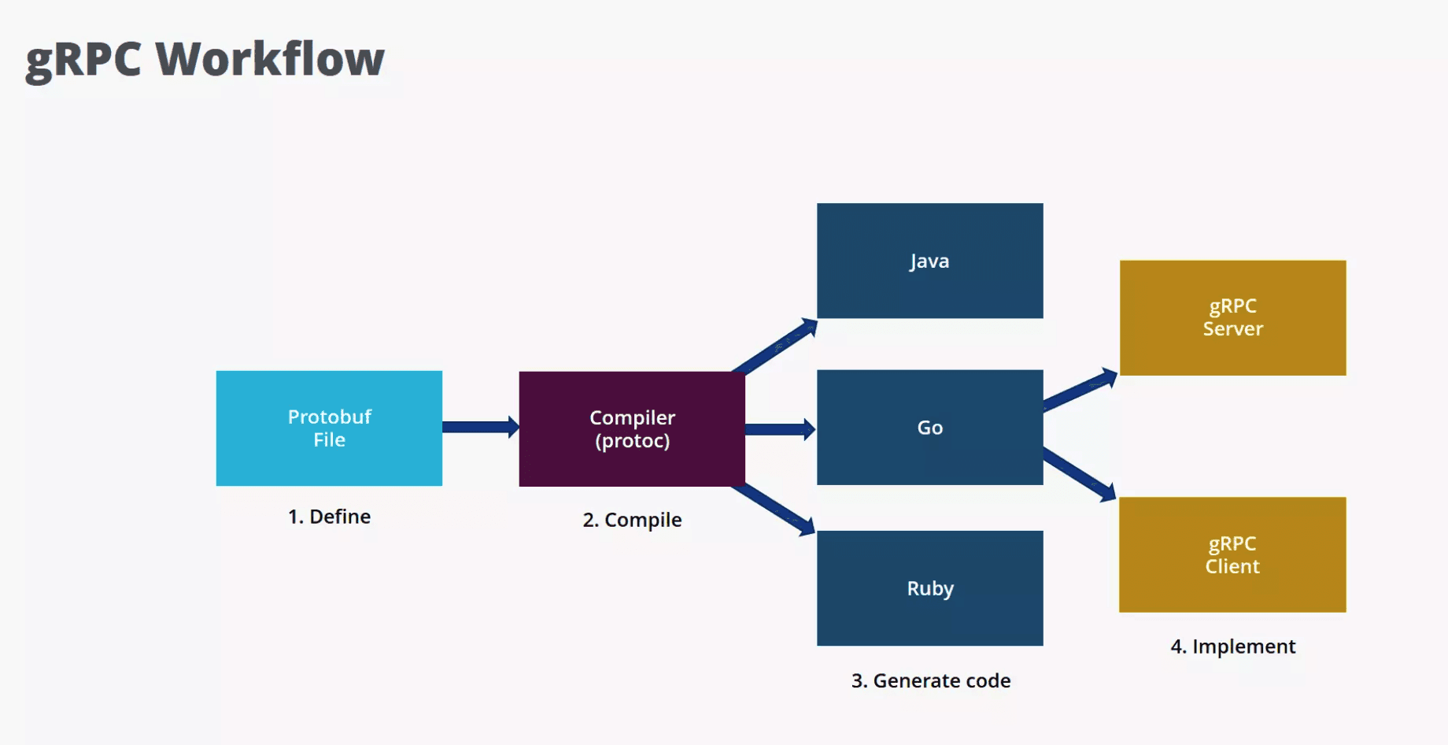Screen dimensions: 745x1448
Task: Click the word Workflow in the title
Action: pyautogui.click(x=270, y=59)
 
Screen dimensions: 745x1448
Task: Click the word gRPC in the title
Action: pyautogui.click(x=83, y=61)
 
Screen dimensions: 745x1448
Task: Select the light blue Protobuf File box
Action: pyautogui.click(x=329, y=428)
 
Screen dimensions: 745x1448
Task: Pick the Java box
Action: pyautogui.click(x=929, y=261)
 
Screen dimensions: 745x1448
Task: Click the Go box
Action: pyautogui.click(x=929, y=427)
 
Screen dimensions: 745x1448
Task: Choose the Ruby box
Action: pyautogui.click(x=929, y=588)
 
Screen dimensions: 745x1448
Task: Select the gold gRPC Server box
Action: pyautogui.click(x=1232, y=317)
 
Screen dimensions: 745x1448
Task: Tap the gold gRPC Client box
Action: pyautogui.click(x=1232, y=554)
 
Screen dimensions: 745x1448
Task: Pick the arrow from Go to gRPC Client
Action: pyautogui.click(x=1080, y=474)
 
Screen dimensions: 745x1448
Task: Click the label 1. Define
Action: pyautogui.click(x=329, y=517)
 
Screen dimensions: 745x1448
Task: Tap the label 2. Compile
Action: pyautogui.click(x=632, y=520)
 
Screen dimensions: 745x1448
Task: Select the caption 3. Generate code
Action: pyautogui.click(x=930, y=680)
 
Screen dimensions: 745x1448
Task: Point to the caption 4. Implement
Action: pyautogui.click(x=1232, y=647)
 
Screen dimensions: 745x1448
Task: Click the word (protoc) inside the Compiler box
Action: pyautogui.click(x=632, y=441)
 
